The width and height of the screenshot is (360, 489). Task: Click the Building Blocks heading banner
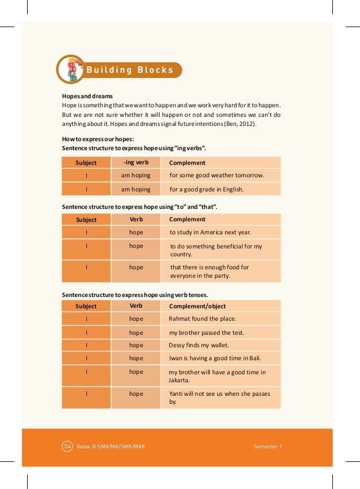tap(129, 70)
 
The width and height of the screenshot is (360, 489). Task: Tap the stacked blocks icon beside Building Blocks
tap(72, 69)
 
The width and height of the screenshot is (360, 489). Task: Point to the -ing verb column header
tap(136, 163)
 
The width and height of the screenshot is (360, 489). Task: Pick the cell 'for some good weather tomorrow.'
tap(217, 176)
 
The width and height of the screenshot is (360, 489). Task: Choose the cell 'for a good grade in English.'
tap(207, 190)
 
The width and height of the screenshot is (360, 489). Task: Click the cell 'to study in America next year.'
tap(210, 232)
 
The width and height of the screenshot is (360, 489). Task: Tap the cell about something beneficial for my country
tap(216, 250)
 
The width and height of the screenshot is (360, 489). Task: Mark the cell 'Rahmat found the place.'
tap(203, 319)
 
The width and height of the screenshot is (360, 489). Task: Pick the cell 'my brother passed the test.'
tap(207, 333)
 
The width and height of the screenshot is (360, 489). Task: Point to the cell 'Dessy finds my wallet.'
tap(199, 345)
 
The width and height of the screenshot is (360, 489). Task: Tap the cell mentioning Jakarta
tap(217, 376)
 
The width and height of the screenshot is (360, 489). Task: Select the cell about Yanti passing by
tap(219, 398)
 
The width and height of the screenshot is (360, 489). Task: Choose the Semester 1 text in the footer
tap(267, 446)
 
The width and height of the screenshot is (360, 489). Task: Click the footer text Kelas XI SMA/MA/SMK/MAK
tap(112, 446)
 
